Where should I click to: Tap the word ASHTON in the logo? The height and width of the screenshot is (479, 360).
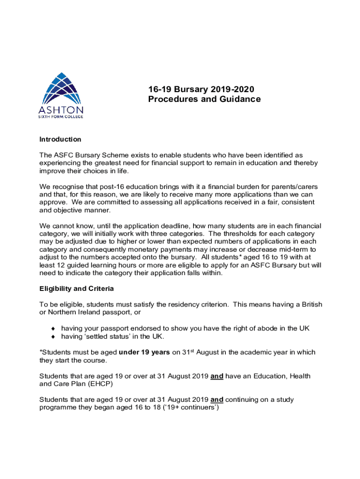coord(61,110)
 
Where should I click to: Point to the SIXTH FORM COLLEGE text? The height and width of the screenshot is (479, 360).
coord(61,116)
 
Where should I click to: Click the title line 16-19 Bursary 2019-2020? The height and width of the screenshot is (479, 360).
coord(202,89)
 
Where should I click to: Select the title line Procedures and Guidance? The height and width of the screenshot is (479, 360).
coord(204,99)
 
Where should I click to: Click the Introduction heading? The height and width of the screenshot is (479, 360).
coord(60,139)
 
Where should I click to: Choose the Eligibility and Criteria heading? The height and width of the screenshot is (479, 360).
coord(77,289)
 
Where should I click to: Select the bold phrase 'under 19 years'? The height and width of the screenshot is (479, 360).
coord(144,352)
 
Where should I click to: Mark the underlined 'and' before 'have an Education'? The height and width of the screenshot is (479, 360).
coord(217,376)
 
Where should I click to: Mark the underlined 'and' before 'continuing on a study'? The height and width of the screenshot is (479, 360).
coord(217,399)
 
